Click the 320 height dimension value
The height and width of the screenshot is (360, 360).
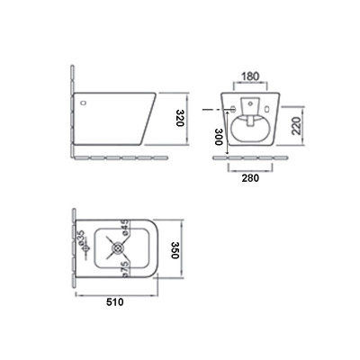[x=180, y=118]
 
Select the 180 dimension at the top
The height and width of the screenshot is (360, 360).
[x=250, y=76]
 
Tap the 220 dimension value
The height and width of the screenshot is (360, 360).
[x=297, y=126]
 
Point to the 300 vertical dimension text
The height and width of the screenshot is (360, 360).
[x=219, y=137]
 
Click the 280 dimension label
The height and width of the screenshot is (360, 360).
[x=250, y=178]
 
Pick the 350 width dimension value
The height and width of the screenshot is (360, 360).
[x=175, y=249]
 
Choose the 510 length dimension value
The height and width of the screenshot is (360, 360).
[x=115, y=301]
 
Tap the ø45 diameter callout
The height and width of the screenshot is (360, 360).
[x=125, y=228]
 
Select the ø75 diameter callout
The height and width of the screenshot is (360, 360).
[x=125, y=269]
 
